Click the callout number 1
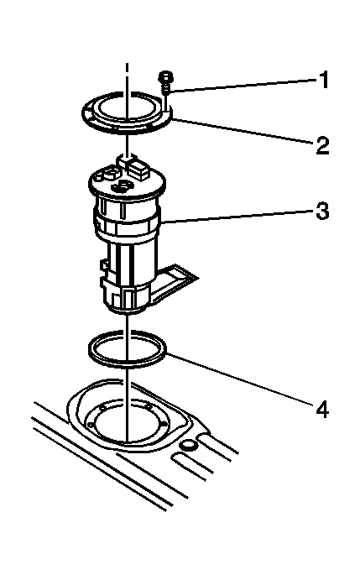322,80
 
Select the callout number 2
322,145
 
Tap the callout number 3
322,212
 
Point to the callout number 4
322,409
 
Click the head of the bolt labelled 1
165,77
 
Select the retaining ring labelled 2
127,128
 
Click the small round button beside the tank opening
188,446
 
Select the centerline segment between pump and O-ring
128,322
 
